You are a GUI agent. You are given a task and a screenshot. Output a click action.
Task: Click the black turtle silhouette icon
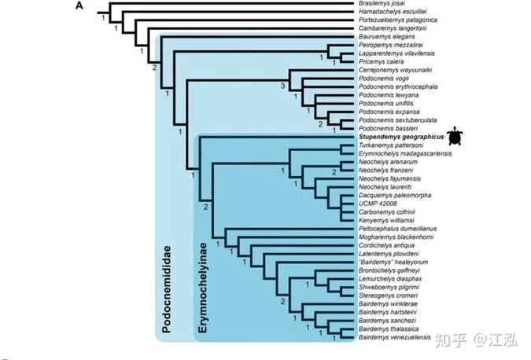coord(455,136)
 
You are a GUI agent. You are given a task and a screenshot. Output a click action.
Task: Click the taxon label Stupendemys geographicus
coord(401,137)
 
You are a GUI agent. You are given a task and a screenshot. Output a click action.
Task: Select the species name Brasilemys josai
coord(382,3)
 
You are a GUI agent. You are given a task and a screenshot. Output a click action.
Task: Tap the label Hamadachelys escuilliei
coord(393,12)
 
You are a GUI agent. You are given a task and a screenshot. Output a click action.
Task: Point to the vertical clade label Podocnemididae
coord(166,289)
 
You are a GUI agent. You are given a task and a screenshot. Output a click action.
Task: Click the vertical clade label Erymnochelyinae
coord(202,288)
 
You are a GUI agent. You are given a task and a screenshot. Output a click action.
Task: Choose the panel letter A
coord(79,6)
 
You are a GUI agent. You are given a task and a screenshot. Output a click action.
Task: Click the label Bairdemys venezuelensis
coord(395,337)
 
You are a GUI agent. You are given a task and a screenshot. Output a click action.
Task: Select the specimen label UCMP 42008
coord(378,204)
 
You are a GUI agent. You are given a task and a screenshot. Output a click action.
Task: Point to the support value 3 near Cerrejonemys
coord(282,86)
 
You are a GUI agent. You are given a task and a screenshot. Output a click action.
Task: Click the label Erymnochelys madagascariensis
coord(405,153)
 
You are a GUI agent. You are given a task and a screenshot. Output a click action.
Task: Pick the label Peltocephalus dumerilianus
coord(397,229)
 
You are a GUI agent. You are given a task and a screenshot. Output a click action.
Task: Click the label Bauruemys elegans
coord(387,36)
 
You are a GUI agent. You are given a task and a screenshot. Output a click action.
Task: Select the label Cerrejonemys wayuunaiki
coord(395,70)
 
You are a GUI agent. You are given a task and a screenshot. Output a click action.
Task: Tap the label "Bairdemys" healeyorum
coord(393,263)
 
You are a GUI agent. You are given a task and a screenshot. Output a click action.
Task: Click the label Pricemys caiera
coord(381,61)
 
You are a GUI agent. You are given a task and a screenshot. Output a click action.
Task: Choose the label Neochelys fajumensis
coord(389,178)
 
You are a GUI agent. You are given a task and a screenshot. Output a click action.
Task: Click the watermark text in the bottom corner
coord(476,340)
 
